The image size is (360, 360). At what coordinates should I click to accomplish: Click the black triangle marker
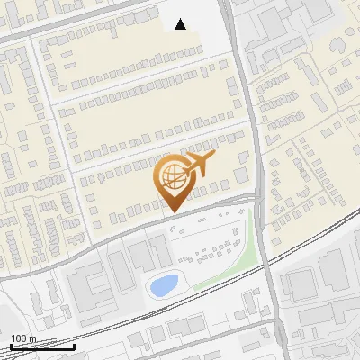[x=181, y=24]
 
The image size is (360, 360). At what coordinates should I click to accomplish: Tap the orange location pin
[x=172, y=181]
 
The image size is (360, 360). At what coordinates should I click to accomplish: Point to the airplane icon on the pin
[x=197, y=165]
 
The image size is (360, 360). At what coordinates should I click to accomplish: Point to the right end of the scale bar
[x=74, y=347]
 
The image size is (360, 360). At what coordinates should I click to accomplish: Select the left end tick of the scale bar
[x=10, y=347]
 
